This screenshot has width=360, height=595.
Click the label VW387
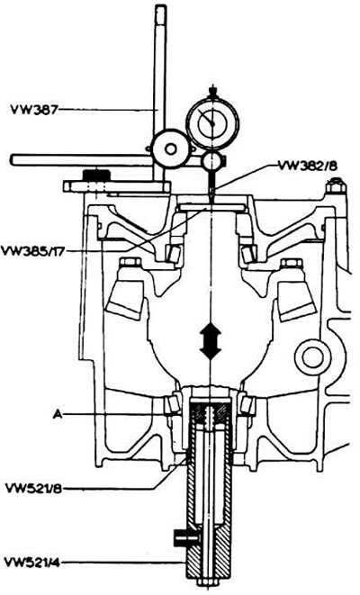tap(35, 110)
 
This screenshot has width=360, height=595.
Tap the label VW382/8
tap(308, 166)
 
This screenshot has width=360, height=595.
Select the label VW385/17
tap(31, 251)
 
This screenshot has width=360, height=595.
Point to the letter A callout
tap(58, 415)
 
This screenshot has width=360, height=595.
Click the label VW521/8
tap(34, 488)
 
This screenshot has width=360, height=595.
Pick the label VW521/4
tap(31, 562)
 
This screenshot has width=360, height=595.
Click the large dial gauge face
tap(212, 122)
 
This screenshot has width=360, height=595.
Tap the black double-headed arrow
tap(211, 342)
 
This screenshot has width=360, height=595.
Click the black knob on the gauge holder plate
tap(96, 176)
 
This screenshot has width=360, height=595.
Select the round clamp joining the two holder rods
tap(169, 149)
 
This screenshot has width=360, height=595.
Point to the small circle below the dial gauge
tap(213, 161)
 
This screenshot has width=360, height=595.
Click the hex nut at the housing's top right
tap(336, 185)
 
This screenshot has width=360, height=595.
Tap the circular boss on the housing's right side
tap(312, 357)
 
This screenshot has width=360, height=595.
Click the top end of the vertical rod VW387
tap(160, 7)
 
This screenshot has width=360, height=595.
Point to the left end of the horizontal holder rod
tap(13, 159)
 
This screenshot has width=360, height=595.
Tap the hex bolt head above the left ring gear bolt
tap(130, 263)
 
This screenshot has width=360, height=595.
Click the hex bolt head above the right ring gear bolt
tap(290, 263)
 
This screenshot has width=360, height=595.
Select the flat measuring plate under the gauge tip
tap(211, 207)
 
